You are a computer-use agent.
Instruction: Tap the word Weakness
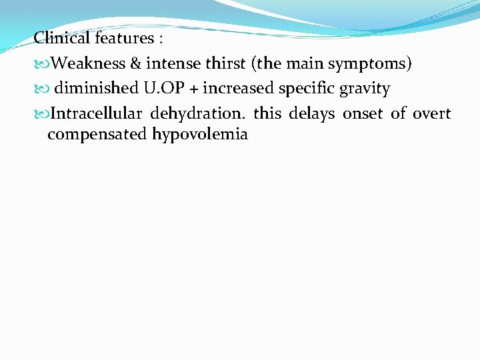coord(88,63)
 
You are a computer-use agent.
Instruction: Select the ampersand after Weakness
coord(135,63)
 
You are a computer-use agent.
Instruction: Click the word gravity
coord(365,89)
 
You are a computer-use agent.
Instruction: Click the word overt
coord(431,113)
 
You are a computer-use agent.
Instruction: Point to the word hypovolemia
coord(200,135)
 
